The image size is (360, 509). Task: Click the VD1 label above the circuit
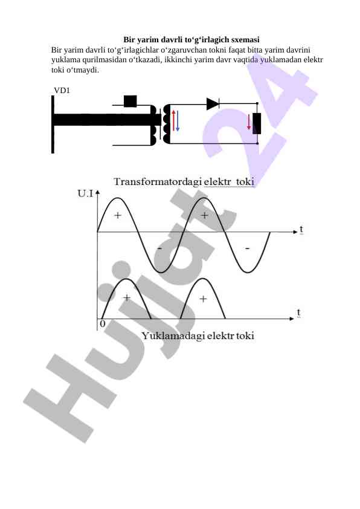62,91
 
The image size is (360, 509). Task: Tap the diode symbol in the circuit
213,104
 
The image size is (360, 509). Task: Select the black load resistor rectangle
257,124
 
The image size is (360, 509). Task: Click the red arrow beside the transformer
173,120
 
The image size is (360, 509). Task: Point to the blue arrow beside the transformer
178,121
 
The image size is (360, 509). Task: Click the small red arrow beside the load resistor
249,122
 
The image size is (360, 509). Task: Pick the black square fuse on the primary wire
130,101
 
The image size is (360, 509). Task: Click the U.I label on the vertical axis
85,194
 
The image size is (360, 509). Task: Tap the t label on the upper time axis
301,229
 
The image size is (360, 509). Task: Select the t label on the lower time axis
299,313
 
